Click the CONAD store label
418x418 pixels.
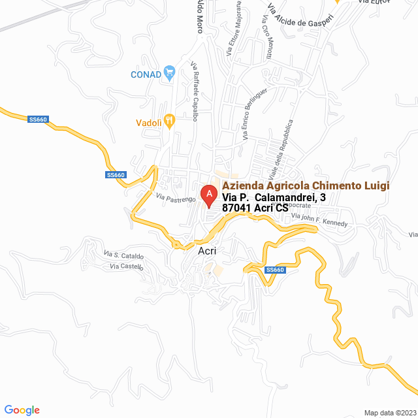click(x=146, y=74)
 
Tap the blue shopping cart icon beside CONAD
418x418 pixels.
click(x=169, y=72)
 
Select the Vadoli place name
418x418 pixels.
click(x=148, y=121)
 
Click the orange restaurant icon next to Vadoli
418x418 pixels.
click(x=169, y=120)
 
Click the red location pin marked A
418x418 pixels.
click(x=208, y=195)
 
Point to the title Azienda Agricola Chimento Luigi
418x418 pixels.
click(x=306, y=185)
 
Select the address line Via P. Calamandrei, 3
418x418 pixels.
click(x=274, y=197)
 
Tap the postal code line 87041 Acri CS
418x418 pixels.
click(x=255, y=208)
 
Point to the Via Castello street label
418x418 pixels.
click(x=126, y=266)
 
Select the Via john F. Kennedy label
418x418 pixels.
click(x=319, y=219)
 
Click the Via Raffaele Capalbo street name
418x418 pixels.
click(x=194, y=91)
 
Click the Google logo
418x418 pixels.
click(x=22, y=410)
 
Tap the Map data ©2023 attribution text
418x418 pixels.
click(x=389, y=413)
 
